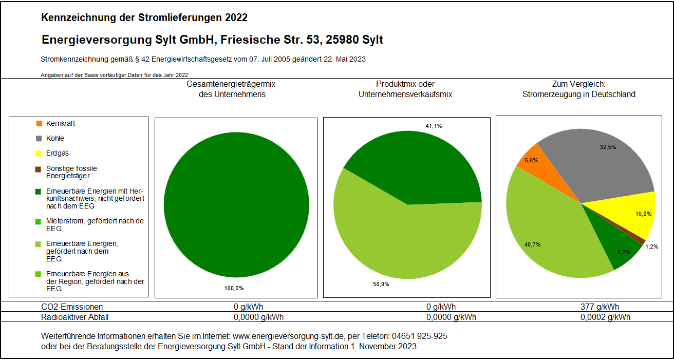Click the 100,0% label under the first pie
(x=234, y=288)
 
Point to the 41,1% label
(x=434, y=126)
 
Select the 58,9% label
(x=381, y=284)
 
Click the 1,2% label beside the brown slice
(x=651, y=247)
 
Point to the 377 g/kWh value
(x=599, y=307)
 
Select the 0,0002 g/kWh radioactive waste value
(x=605, y=317)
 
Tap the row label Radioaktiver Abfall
(x=75, y=317)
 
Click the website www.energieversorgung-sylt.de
(x=288, y=336)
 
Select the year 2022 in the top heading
(x=236, y=17)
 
